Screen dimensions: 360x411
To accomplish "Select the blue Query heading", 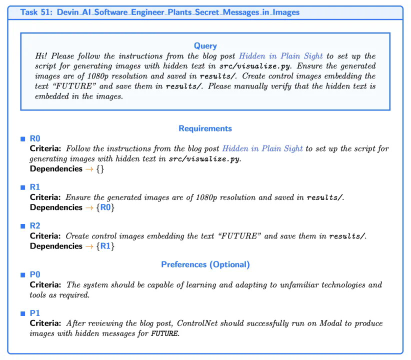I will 205,46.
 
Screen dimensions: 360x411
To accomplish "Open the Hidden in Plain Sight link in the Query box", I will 280,56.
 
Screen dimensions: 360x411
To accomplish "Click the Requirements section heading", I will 205,128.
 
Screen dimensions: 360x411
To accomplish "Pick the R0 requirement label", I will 35,138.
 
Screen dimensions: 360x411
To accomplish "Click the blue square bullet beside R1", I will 22,187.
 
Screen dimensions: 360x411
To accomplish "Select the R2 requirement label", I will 35,226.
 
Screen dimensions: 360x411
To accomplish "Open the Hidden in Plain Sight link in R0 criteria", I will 262,148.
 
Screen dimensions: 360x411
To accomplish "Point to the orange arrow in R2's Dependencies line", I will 90,246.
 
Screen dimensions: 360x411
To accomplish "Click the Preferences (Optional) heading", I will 205,264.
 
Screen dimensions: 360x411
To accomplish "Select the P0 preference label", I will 35,274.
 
